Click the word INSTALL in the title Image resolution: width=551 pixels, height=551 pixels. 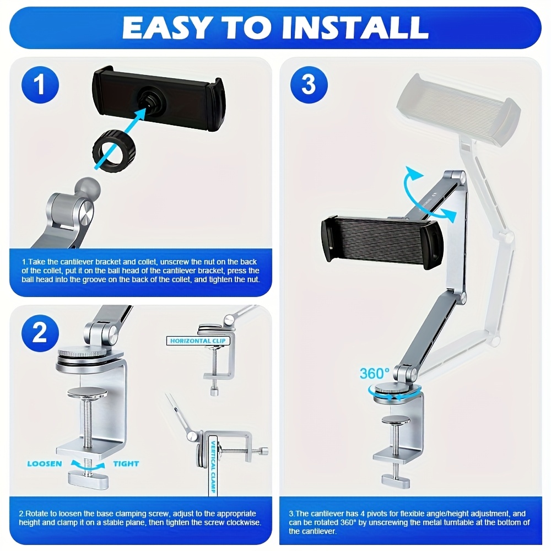pos(355,28)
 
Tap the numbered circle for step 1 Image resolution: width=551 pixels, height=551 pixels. pos(40,85)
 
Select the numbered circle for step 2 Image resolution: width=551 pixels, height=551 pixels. pos(40,333)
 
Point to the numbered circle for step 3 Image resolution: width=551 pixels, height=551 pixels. pos(309,85)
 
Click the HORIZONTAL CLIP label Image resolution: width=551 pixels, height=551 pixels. pos(198,341)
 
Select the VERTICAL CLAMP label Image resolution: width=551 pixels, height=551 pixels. pos(213,466)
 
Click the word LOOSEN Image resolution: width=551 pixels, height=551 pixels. pos(45,464)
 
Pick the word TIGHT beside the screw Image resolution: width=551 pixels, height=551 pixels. pos(126,464)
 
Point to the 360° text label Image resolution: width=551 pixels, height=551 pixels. pos(375,373)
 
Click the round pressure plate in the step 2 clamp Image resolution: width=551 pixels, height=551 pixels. pos(88,392)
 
